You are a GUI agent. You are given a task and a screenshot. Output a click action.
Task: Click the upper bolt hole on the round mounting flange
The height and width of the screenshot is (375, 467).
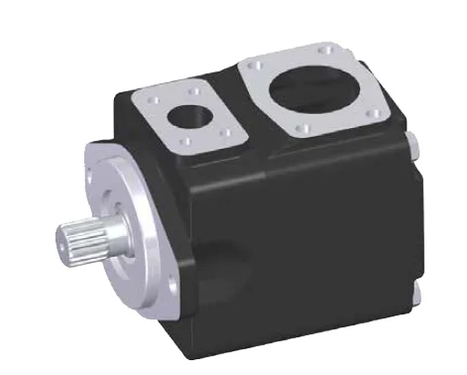click(107, 165)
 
